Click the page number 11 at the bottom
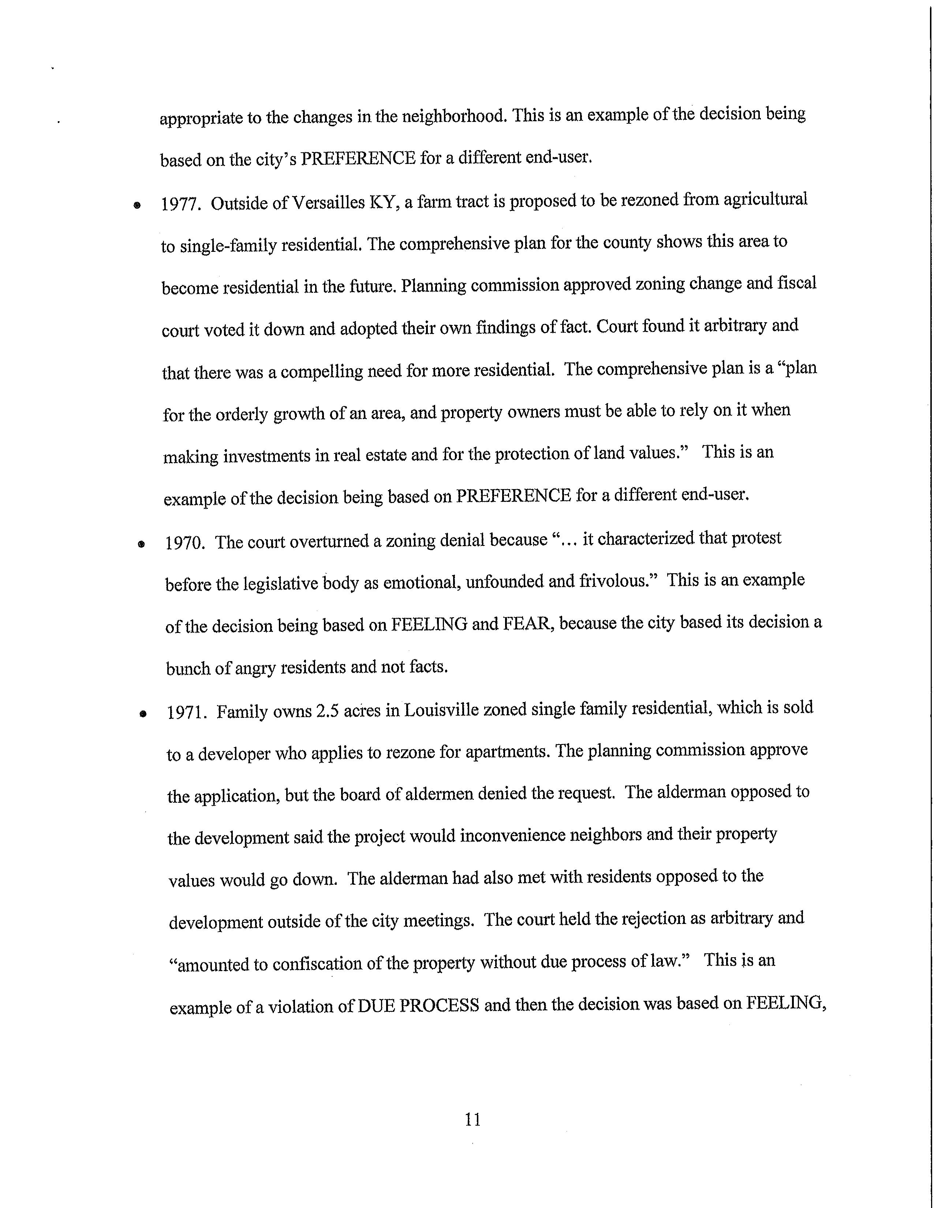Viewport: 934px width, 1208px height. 473,1119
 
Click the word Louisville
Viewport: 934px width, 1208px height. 441,710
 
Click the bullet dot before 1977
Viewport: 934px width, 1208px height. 136,205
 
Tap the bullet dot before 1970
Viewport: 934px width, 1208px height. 141,544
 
